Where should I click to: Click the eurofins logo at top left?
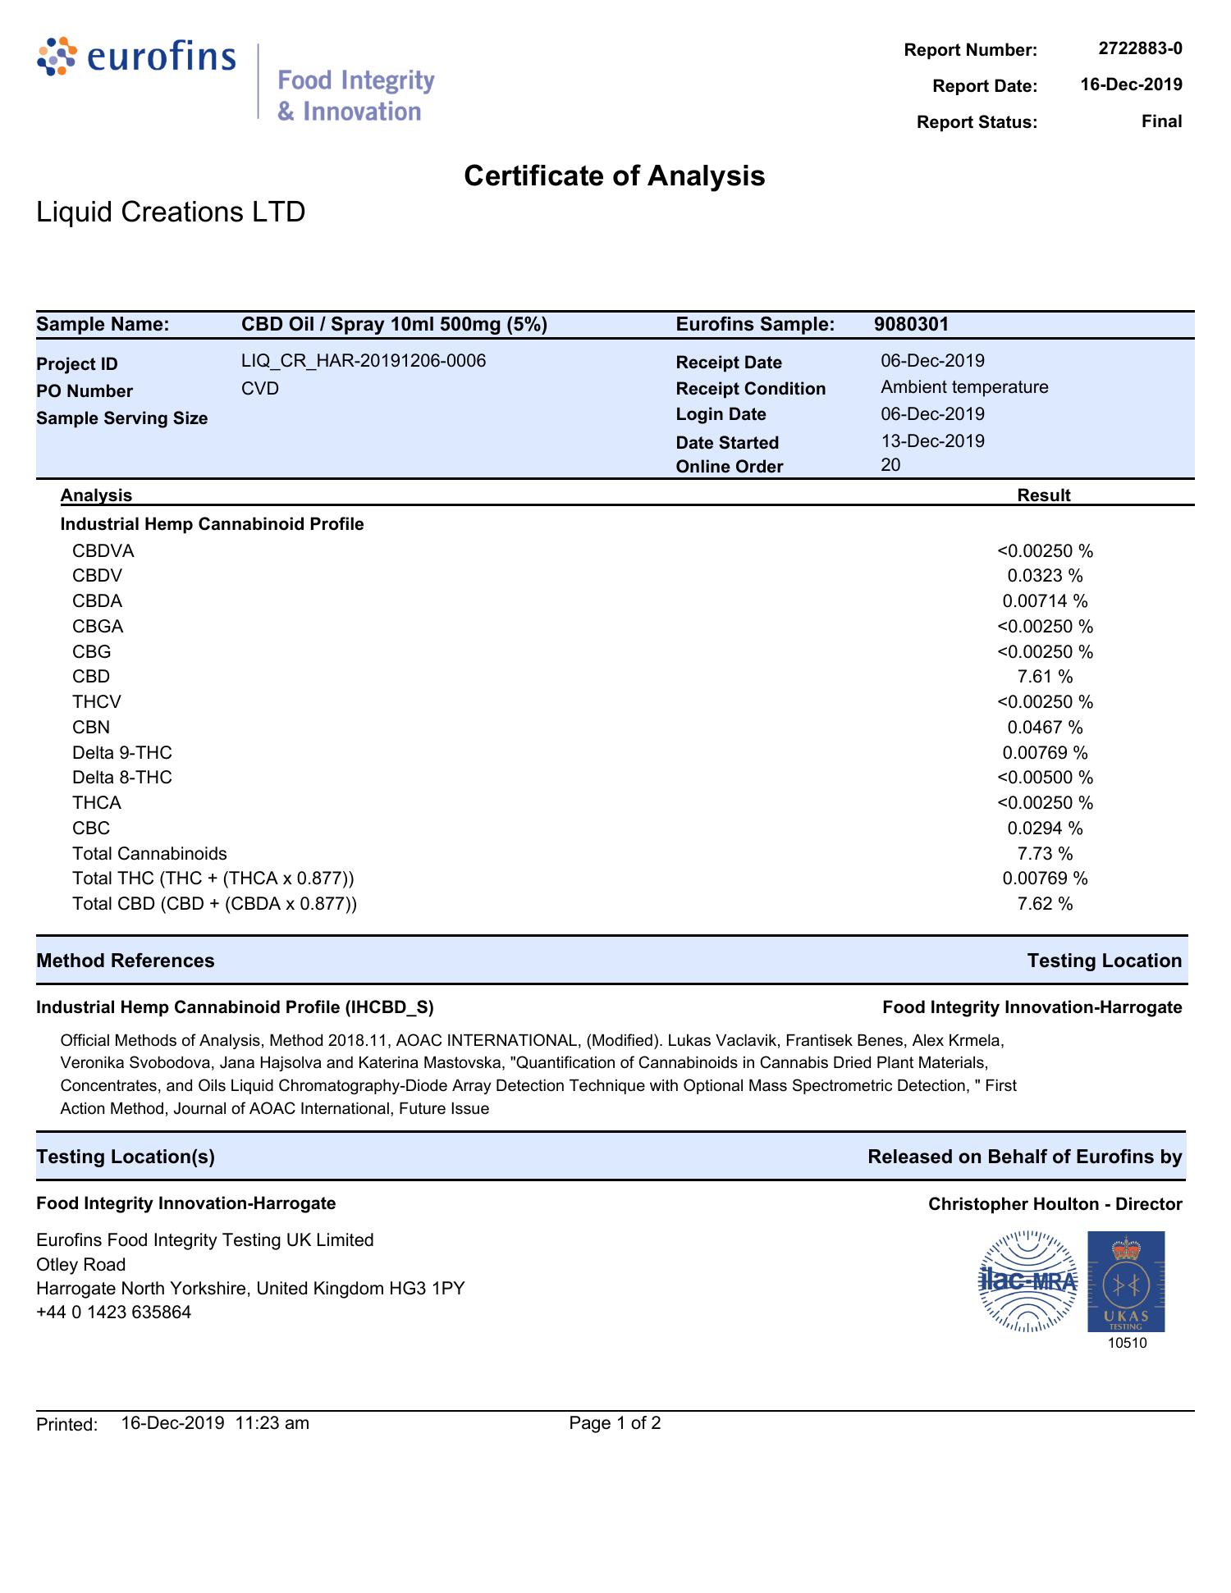click(x=136, y=57)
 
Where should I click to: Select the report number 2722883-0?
click(x=1140, y=48)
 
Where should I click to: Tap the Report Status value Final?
click(x=1161, y=121)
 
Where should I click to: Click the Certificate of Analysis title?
click(x=614, y=176)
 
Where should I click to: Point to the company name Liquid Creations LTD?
click(x=171, y=212)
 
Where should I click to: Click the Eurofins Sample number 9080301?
click(x=911, y=324)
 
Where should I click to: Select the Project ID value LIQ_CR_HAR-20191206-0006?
click(x=363, y=361)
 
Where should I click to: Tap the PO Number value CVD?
click(x=260, y=388)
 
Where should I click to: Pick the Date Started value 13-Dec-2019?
click(x=932, y=441)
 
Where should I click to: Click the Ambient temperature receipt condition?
click(x=964, y=387)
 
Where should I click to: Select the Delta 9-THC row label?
click(x=122, y=753)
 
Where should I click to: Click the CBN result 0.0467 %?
click(x=1045, y=728)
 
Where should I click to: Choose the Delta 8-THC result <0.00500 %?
click(x=1045, y=778)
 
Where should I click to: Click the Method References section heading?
click(x=126, y=961)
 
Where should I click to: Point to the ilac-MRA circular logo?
click(x=1028, y=1281)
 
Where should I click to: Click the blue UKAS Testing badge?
click(x=1126, y=1281)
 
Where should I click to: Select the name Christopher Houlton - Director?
click(x=1055, y=1204)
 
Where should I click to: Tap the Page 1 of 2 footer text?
click(x=615, y=1423)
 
